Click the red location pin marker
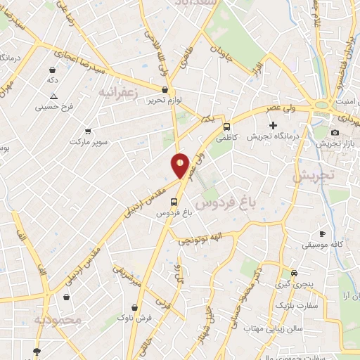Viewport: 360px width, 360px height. click(x=180, y=165)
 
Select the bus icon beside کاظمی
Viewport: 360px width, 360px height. click(x=226, y=127)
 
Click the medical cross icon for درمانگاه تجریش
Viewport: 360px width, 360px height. click(x=273, y=125)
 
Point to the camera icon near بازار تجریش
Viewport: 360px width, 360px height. click(x=335, y=132)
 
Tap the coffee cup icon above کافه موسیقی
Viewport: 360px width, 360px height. click(x=322, y=233)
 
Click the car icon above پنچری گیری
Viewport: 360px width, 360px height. click(x=294, y=273)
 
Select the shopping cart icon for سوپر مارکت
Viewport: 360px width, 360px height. click(x=88, y=131)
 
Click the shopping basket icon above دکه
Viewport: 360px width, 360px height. click(x=52, y=70)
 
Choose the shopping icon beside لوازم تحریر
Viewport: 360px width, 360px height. click(x=165, y=90)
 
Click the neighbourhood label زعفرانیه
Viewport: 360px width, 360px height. click(x=117, y=92)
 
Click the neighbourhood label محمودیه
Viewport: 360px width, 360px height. click(x=58, y=321)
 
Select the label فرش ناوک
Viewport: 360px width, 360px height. click(x=135, y=319)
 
